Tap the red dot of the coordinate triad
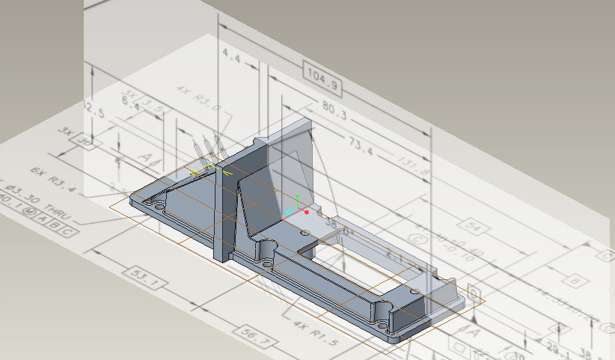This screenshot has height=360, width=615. (307, 212)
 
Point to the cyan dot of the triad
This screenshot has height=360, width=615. (289, 213)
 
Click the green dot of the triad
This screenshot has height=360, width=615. (297, 196)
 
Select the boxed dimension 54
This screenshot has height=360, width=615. (471, 225)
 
